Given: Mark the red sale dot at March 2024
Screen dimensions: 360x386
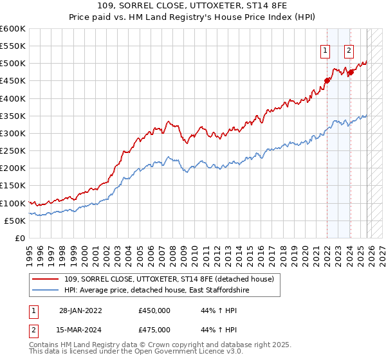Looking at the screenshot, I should [351, 73].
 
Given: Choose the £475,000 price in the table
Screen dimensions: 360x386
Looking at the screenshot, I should [153, 330].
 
